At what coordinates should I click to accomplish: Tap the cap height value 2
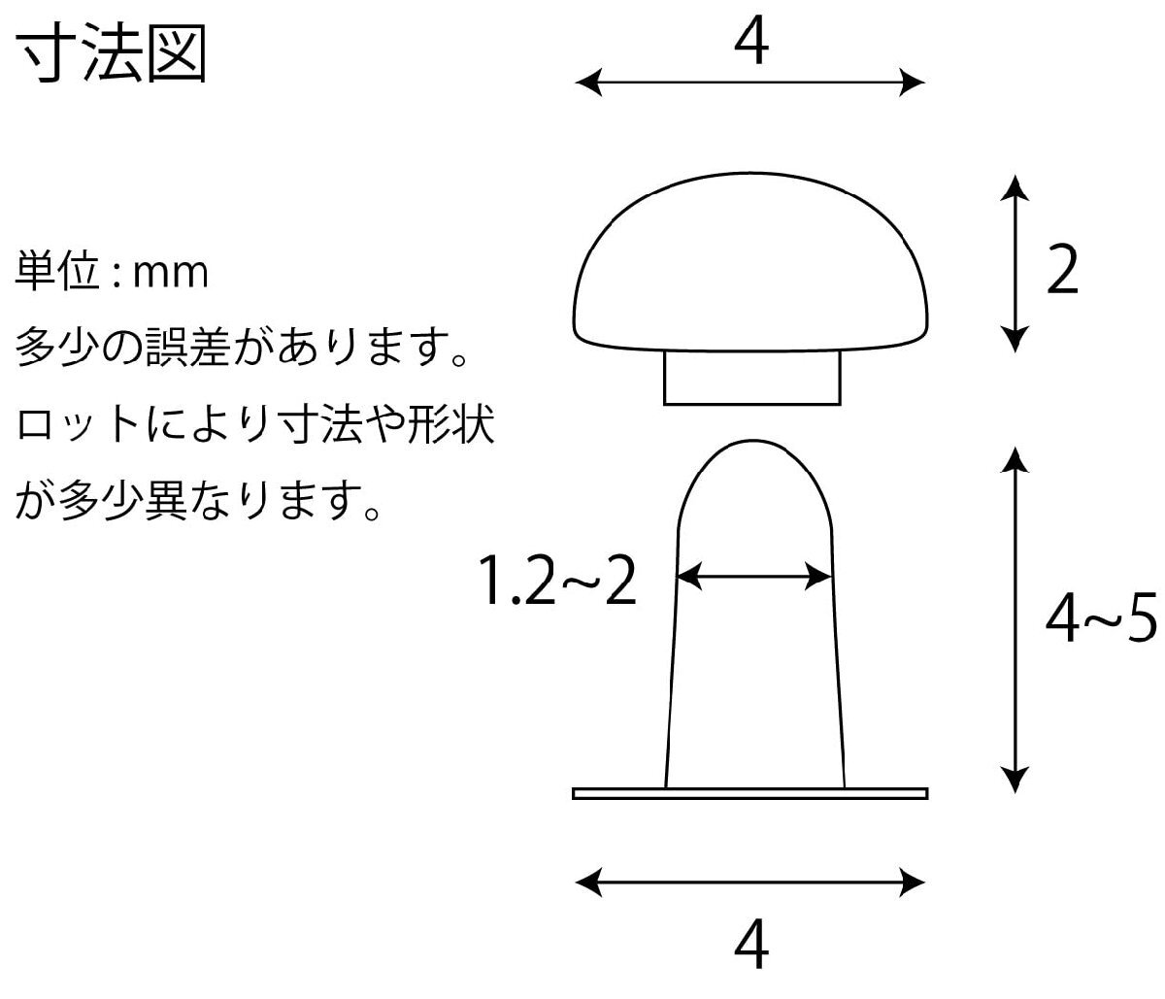(x=1064, y=273)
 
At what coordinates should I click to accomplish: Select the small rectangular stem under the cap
(x=752, y=379)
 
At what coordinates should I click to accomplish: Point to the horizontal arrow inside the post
(x=754, y=579)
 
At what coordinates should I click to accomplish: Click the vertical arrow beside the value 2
(x=1015, y=263)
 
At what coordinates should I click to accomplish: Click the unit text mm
(x=171, y=274)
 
